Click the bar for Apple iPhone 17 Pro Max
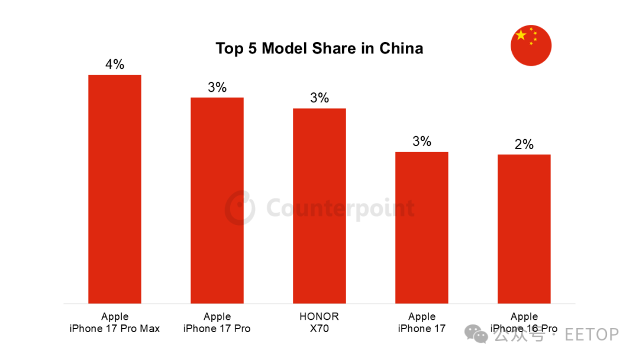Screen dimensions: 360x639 tap(115, 189)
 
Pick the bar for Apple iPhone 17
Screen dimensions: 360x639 tap(422, 228)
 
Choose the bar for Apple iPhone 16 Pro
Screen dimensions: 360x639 tap(524, 229)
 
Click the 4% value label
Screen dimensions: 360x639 tap(115, 65)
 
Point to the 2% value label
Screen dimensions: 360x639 tap(524, 144)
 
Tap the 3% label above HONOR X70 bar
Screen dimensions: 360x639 tap(319, 98)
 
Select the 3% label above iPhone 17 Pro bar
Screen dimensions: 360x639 tap(217, 88)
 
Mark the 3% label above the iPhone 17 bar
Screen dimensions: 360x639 tap(422, 142)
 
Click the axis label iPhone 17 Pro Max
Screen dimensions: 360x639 tap(115, 328)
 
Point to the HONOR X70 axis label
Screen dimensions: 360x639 tap(319, 322)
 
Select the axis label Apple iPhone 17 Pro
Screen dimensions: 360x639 tap(217, 322)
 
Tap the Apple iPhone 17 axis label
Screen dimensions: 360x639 tap(422, 322)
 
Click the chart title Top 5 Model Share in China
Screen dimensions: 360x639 tap(319, 48)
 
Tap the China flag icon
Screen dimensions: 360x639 tap(531, 46)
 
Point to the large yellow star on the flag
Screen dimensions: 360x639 tap(521, 36)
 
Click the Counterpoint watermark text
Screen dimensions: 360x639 tap(340, 208)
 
